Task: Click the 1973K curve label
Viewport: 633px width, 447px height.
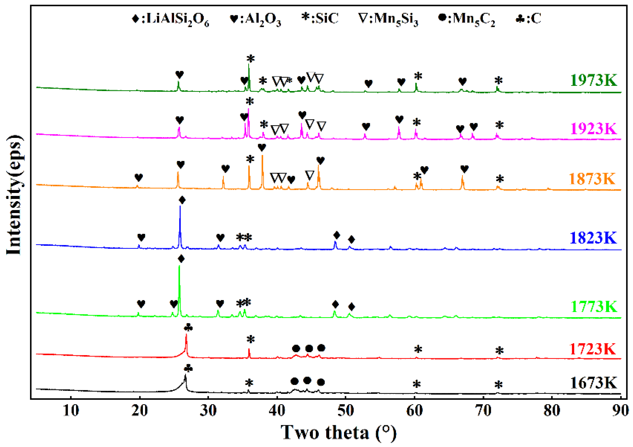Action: pyautogui.click(x=593, y=80)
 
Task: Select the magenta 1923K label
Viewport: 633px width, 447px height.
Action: pyautogui.click(x=593, y=129)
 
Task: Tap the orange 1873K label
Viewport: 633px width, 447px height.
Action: pyautogui.click(x=592, y=179)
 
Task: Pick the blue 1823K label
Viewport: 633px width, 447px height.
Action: pyautogui.click(x=593, y=238)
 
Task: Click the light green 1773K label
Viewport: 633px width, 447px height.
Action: pyautogui.click(x=593, y=306)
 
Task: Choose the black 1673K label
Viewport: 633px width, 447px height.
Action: pyautogui.click(x=593, y=383)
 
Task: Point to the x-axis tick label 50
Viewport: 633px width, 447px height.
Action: pyautogui.click(x=345, y=411)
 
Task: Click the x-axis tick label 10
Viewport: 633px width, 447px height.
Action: pyautogui.click(x=71, y=411)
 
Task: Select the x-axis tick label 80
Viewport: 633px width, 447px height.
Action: pyautogui.click(x=552, y=411)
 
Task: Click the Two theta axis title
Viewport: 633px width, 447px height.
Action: pyautogui.click(x=339, y=433)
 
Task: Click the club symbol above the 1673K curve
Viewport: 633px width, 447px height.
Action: pyautogui.click(x=188, y=368)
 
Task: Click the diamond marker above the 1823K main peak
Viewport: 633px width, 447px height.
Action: pyautogui.click(x=182, y=200)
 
